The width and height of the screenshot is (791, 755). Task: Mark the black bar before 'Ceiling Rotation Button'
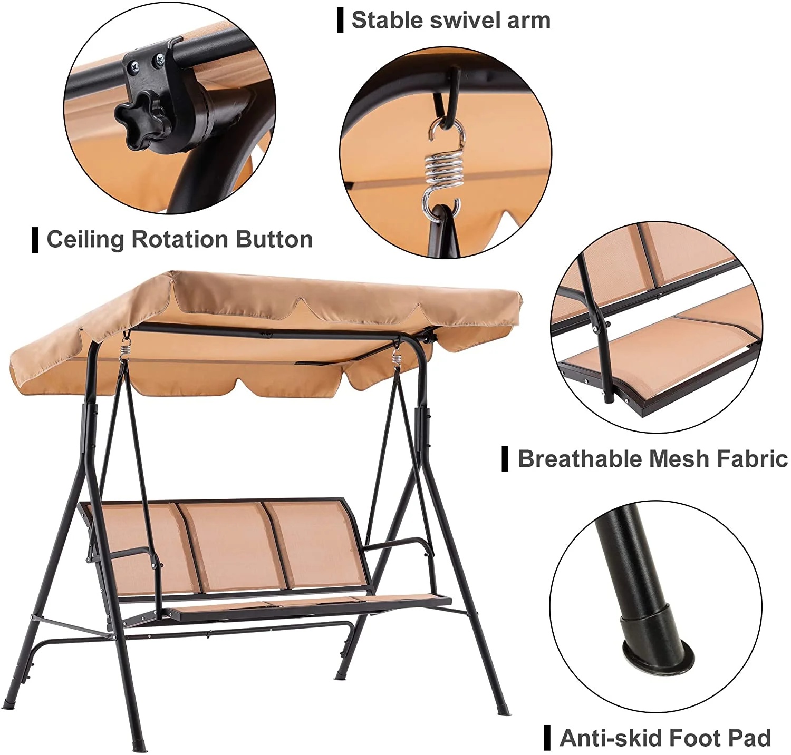point(35,240)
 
